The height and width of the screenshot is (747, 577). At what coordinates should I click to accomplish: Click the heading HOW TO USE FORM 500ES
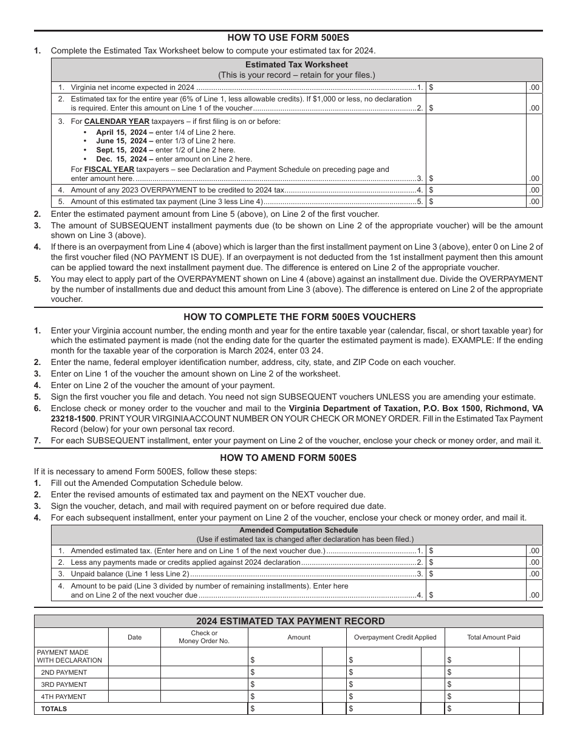point(288,37)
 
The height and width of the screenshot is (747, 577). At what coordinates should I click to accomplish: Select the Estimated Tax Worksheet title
point(296,64)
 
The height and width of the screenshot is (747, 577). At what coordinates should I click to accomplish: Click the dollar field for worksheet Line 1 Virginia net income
point(477,87)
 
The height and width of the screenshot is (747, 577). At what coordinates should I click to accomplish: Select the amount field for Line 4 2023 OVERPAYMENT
point(477,190)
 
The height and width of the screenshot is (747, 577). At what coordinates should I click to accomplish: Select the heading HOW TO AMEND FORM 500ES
point(288,458)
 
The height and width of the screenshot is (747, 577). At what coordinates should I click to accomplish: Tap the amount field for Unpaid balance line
point(477,574)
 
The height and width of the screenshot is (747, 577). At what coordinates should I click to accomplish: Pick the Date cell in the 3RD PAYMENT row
point(134,684)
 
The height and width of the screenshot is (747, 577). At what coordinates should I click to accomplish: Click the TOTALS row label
point(54,709)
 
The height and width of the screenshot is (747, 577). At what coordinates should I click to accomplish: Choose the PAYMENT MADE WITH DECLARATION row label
point(70,657)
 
